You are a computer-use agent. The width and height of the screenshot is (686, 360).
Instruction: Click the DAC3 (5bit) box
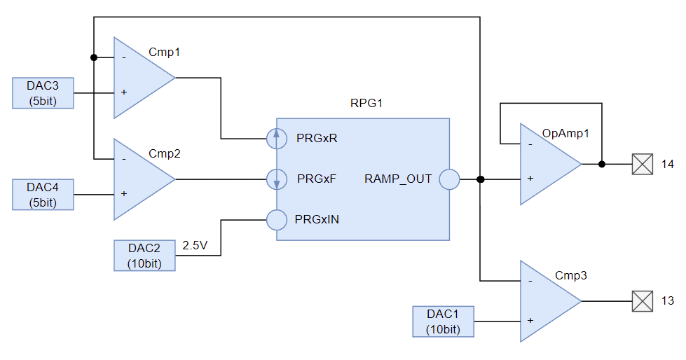(x=43, y=93)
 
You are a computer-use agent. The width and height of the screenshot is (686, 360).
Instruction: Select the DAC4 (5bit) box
(x=43, y=194)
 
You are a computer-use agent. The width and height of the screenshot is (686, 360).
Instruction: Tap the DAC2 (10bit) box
(x=144, y=256)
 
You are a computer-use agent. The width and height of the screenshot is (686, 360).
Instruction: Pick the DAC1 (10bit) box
(x=443, y=321)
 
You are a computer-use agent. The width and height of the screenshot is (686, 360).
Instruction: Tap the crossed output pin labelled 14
(x=643, y=165)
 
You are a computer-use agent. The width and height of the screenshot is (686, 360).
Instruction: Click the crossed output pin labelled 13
(x=643, y=301)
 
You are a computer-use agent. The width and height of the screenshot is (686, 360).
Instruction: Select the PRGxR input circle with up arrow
(x=277, y=139)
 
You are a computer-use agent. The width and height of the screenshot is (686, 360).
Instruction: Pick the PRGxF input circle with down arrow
(x=277, y=179)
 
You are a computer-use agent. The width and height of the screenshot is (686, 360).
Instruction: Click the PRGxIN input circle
(x=277, y=220)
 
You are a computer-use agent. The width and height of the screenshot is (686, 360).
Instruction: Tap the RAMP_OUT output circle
(x=449, y=179)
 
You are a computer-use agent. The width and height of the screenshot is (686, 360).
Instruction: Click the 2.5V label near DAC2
(x=195, y=246)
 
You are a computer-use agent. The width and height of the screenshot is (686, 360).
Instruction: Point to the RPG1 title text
(x=366, y=104)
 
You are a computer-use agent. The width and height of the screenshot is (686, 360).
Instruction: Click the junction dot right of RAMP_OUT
(x=480, y=179)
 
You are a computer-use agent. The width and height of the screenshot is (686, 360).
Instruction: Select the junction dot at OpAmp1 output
(x=602, y=165)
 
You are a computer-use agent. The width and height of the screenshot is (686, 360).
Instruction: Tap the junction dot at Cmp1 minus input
(x=93, y=57)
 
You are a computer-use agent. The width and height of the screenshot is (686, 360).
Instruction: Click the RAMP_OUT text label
(x=398, y=179)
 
